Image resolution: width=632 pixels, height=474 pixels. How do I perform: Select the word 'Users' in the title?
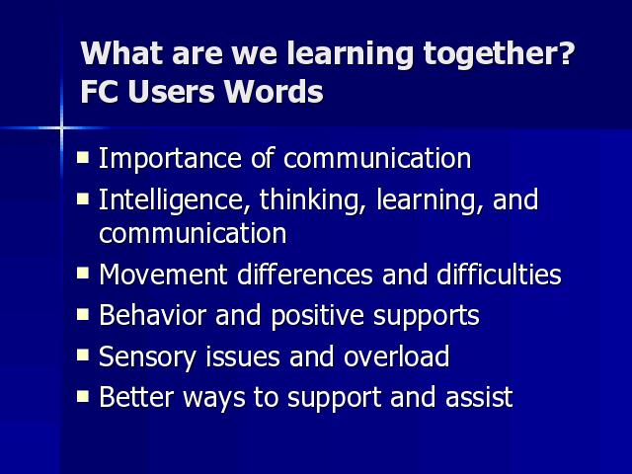(172, 91)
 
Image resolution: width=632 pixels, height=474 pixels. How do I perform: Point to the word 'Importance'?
(170, 158)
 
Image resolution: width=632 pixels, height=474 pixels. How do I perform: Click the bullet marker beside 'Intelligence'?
(83, 198)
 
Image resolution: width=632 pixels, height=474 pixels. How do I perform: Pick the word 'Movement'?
(163, 275)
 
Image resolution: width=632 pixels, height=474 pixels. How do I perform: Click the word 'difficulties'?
(499, 275)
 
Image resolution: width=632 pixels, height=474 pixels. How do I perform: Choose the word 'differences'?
(305, 275)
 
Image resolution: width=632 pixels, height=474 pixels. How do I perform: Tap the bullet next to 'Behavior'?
(83, 314)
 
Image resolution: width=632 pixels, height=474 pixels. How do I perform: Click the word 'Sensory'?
(147, 357)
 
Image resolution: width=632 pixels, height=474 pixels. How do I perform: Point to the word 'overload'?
(397, 355)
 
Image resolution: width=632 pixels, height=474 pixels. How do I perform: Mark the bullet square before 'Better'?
(83, 396)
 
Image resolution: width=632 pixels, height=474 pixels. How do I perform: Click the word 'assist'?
(479, 397)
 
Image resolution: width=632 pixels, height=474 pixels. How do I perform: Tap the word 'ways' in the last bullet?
(214, 399)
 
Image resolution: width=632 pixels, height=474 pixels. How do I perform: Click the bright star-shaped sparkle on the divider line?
(61, 128)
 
